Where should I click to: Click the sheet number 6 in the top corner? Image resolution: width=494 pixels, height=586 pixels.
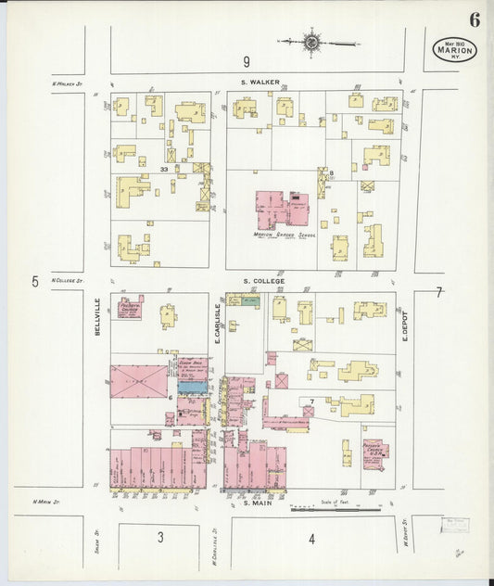tap(474, 19)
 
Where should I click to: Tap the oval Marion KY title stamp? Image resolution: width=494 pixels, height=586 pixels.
tap(454, 50)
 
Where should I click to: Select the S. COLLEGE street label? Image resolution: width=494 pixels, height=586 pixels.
tap(264, 280)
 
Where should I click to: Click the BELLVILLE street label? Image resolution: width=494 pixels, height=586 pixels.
tap(96, 315)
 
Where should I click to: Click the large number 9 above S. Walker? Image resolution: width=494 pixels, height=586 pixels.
tap(247, 62)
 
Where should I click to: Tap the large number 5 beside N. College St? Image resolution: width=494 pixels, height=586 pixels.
tap(34, 281)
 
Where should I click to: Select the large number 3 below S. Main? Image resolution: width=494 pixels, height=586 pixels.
tap(159, 537)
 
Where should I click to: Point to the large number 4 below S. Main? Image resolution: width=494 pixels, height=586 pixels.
tap(311, 538)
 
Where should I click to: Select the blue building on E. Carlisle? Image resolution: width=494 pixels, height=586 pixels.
tap(192, 387)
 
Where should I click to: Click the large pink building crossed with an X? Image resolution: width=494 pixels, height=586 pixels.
tap(139, 381)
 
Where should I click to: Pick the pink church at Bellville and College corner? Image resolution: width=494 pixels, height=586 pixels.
tap(128, 307)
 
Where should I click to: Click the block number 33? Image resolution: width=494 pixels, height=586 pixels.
tap(164, 170)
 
